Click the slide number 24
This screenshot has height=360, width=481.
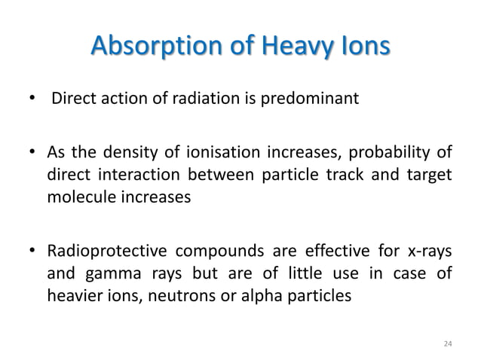448,343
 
